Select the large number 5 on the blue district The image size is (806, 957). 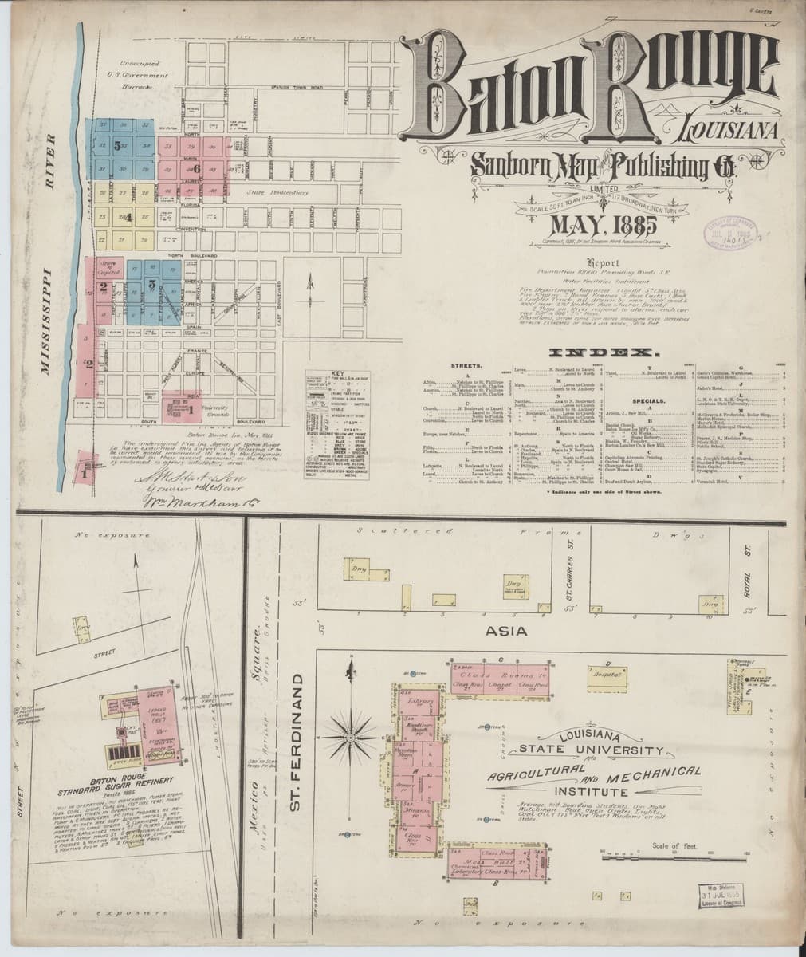point(116,146)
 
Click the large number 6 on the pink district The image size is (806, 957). point(196,169)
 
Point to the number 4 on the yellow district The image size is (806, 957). point(128,215)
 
